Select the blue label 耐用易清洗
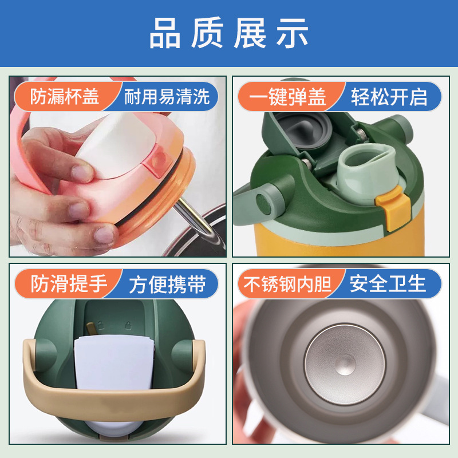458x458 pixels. pyautogui.click(x=167, y=97)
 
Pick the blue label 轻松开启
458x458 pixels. pyautogui.click(x=389, y=97)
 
